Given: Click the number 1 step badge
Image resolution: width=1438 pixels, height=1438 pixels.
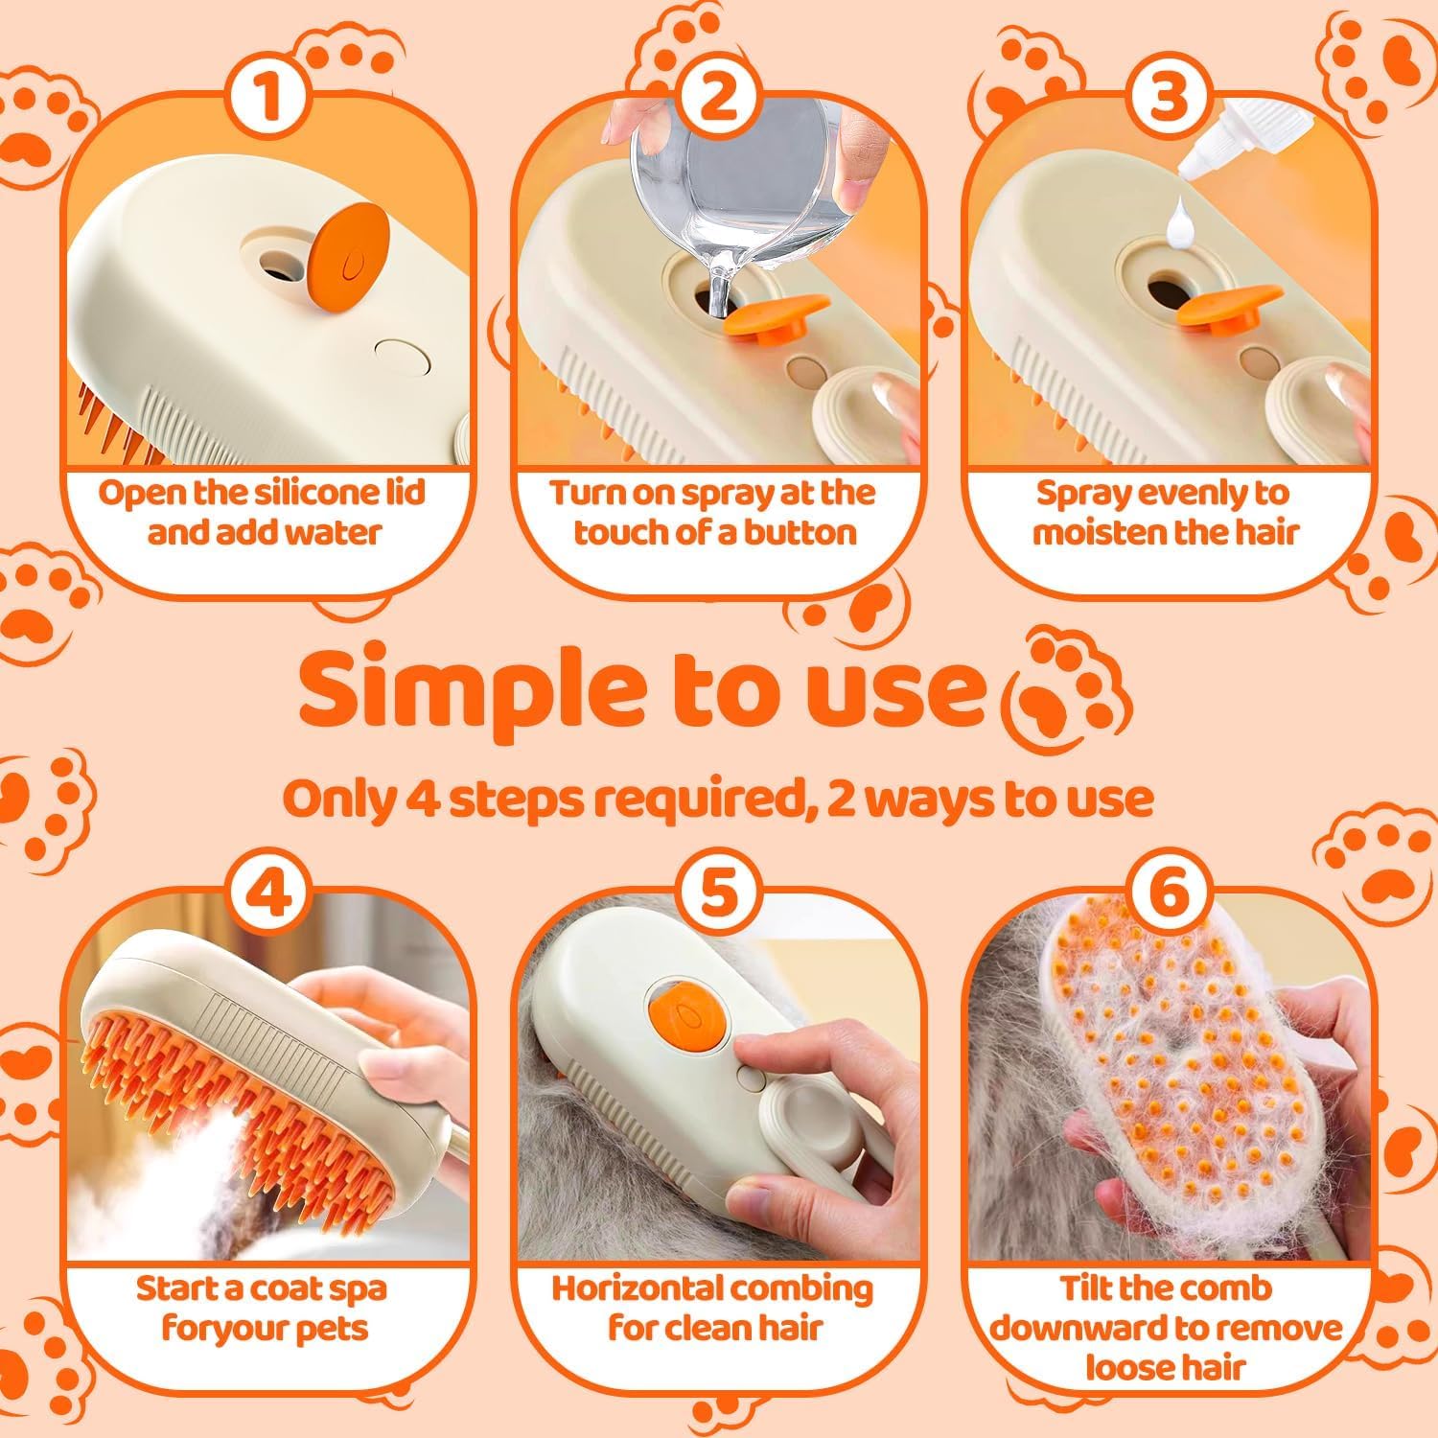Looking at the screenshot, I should click(269, 100).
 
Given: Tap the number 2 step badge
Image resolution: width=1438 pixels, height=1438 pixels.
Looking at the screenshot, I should click(718, 100).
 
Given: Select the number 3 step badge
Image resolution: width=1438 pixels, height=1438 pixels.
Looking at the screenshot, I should click(1168, 100).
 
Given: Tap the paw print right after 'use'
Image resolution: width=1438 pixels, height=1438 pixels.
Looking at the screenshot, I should click(1065, 687).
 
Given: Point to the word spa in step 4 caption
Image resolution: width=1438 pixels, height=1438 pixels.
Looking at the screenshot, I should click(357, 1288).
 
